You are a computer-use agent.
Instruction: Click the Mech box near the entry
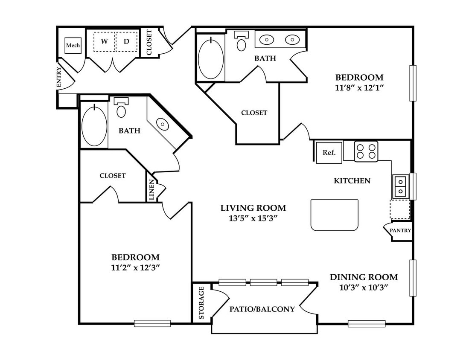73,46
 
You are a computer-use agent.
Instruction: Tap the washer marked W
104,41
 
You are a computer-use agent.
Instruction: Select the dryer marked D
127,41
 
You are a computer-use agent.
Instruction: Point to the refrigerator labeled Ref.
329,153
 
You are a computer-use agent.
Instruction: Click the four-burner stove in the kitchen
366,151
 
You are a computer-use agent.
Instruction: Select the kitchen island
334,215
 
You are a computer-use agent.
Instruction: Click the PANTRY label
400,230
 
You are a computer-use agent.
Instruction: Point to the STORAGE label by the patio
201,303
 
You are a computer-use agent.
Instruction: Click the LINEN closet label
151,189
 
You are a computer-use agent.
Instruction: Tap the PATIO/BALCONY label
262,309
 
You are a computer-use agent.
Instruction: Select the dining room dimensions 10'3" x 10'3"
364,287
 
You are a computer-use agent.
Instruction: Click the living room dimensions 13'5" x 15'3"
253,218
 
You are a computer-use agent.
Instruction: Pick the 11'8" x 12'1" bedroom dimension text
359,88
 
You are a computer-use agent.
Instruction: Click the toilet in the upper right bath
242,41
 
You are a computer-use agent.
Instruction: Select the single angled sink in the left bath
162,123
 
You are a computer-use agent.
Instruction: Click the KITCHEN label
352,180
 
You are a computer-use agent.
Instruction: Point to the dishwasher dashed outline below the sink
400,209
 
